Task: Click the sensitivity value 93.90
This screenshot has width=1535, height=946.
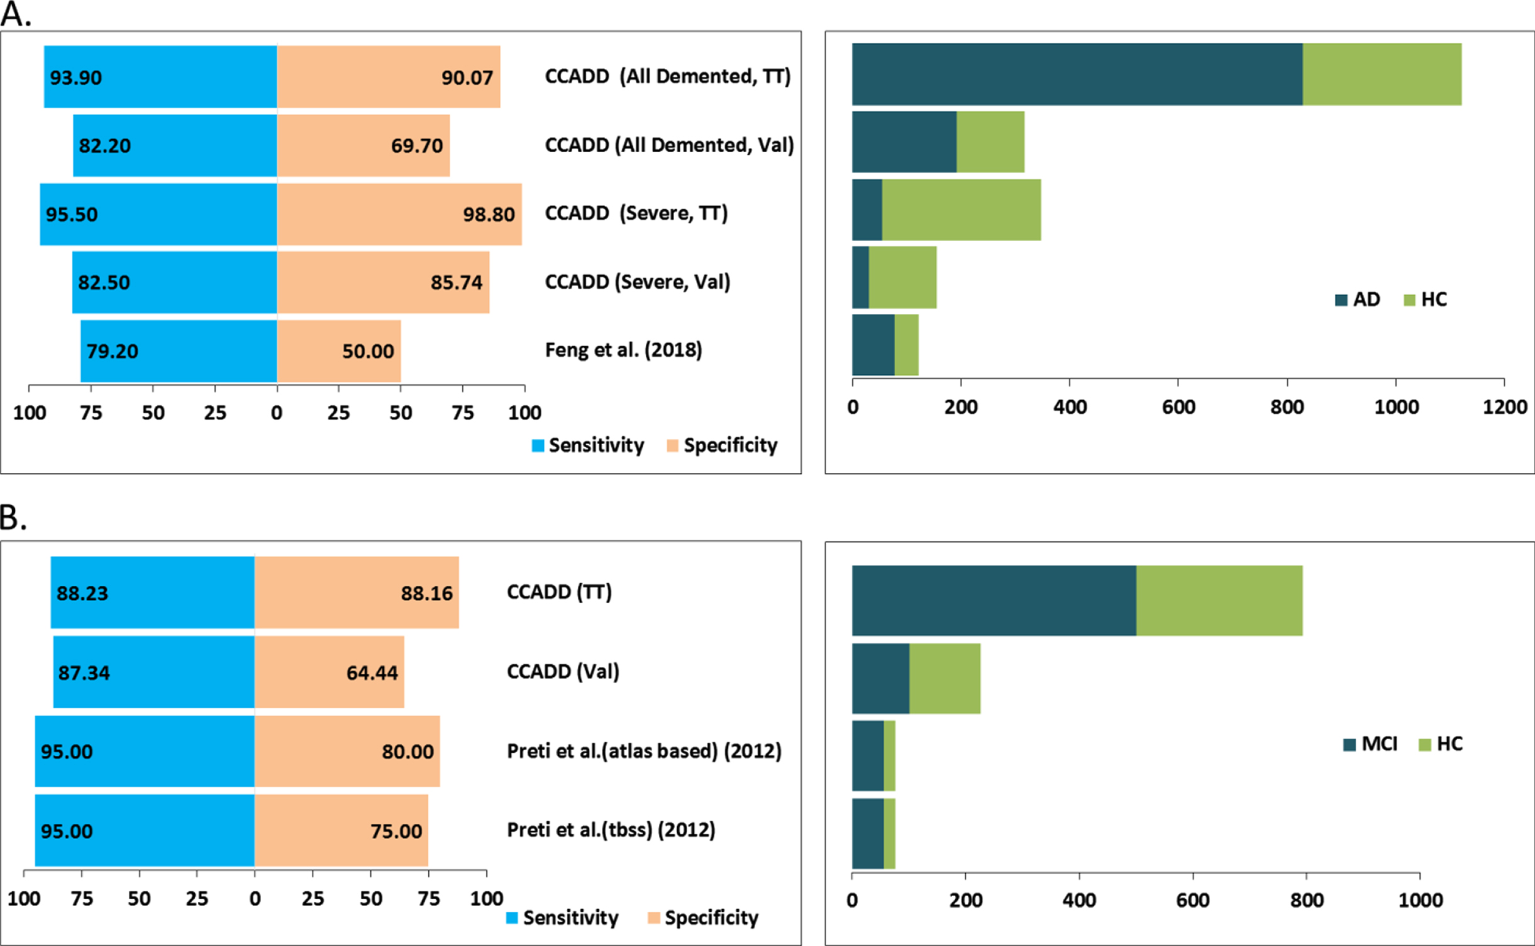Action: click(75, 77)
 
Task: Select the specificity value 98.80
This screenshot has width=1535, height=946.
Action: click(489, 214)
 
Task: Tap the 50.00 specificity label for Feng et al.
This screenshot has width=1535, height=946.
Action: click(368, 351)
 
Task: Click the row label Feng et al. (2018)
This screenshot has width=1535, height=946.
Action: click(623, 350)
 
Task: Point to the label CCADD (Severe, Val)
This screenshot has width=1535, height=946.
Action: click(638, 282)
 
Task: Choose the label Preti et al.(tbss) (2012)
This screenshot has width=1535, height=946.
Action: click(611, 830)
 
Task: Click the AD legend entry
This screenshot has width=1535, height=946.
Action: click(1357, 299)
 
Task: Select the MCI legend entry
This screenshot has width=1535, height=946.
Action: click(1370, 744)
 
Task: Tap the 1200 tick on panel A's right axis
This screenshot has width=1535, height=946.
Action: click(1505, 407)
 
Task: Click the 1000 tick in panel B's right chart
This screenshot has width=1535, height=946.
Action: click(1421, 900)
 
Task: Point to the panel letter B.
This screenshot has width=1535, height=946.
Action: click(13, 518)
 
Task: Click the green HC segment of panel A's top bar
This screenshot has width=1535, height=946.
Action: click(1382, 74)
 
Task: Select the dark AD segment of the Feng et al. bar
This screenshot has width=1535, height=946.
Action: click(873, 345)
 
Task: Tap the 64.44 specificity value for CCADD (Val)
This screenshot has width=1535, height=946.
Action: click(372, 673)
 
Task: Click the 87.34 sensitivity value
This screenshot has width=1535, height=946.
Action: click(84, 673)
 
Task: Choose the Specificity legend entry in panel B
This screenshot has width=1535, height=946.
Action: click(703, 918)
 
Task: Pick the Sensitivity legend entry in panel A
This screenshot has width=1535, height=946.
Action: click(588, 445)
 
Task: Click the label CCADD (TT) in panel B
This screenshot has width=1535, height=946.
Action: click(559, 593)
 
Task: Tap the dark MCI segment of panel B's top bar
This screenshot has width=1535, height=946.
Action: click(994, 601)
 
